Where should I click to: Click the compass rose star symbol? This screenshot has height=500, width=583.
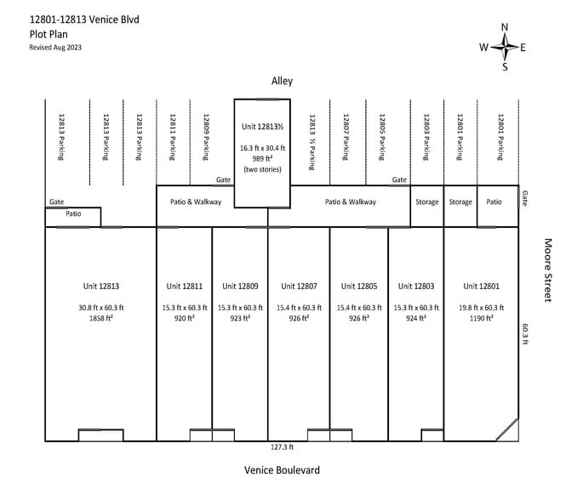coord(505,47)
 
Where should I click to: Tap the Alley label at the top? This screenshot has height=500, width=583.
coord(282,81)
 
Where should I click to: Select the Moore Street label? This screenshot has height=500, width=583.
coord(547,270)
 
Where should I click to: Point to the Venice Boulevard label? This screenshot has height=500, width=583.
coord(282,470)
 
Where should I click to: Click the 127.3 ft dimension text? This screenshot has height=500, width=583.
coord(282,447)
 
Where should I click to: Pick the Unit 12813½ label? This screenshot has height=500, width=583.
coord(262,127)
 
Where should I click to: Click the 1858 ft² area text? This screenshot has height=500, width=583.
coord(101,318)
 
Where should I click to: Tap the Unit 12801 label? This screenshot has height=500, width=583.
coord(481,286)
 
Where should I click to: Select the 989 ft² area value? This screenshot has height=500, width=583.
coord(262,159)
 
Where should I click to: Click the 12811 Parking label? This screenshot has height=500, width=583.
coord(173,137)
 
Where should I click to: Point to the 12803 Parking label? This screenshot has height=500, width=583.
coord(426,137)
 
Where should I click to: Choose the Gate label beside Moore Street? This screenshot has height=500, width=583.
coord(524,198)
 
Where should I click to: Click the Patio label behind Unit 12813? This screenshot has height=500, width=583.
coord(73,213)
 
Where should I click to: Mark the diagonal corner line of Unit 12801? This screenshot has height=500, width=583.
coord(506,429)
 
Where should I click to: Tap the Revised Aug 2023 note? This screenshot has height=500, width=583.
coord(55,47)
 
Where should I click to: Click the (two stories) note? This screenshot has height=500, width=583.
coord(262,169)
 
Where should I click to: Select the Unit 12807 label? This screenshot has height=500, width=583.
coord(299,286)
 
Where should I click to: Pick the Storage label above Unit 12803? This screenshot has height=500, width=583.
coord(427,202)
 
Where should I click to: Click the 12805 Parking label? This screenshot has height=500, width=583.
coord(382,137)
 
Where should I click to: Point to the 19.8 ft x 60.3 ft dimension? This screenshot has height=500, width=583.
coord(481,308)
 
